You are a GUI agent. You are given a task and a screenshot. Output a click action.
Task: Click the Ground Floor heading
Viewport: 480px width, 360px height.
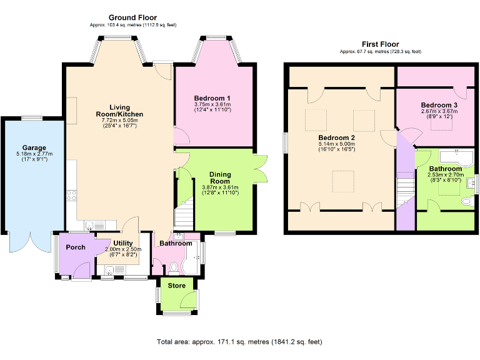(132, 17)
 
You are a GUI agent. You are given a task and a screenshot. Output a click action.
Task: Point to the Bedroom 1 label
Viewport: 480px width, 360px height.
(212, 98)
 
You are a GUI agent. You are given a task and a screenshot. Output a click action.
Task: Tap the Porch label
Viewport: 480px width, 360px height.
(76, 247)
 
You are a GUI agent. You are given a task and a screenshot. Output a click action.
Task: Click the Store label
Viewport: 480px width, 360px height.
(177, 286)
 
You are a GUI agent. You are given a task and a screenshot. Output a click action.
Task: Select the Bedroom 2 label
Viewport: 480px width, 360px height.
(336, 137)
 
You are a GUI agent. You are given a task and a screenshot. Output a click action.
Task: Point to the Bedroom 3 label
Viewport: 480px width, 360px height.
(439, 104)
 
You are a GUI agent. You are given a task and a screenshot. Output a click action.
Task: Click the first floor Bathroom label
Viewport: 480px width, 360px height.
(445, 169)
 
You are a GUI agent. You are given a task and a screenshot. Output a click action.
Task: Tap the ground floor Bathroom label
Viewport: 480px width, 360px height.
(176, 243)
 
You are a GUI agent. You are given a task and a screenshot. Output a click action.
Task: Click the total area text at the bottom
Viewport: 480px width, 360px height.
(239, 342)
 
